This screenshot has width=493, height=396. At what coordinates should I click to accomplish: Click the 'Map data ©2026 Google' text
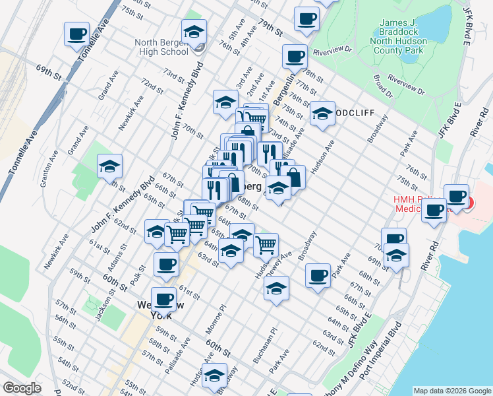click(451, 391)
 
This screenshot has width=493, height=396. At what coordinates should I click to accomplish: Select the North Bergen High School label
click(161, 47)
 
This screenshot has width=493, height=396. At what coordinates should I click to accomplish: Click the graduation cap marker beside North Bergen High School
click(194, 33)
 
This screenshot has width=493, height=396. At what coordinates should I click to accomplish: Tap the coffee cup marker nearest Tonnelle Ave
click(76, 34)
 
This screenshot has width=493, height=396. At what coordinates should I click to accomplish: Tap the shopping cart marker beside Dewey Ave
click(265, 244)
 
